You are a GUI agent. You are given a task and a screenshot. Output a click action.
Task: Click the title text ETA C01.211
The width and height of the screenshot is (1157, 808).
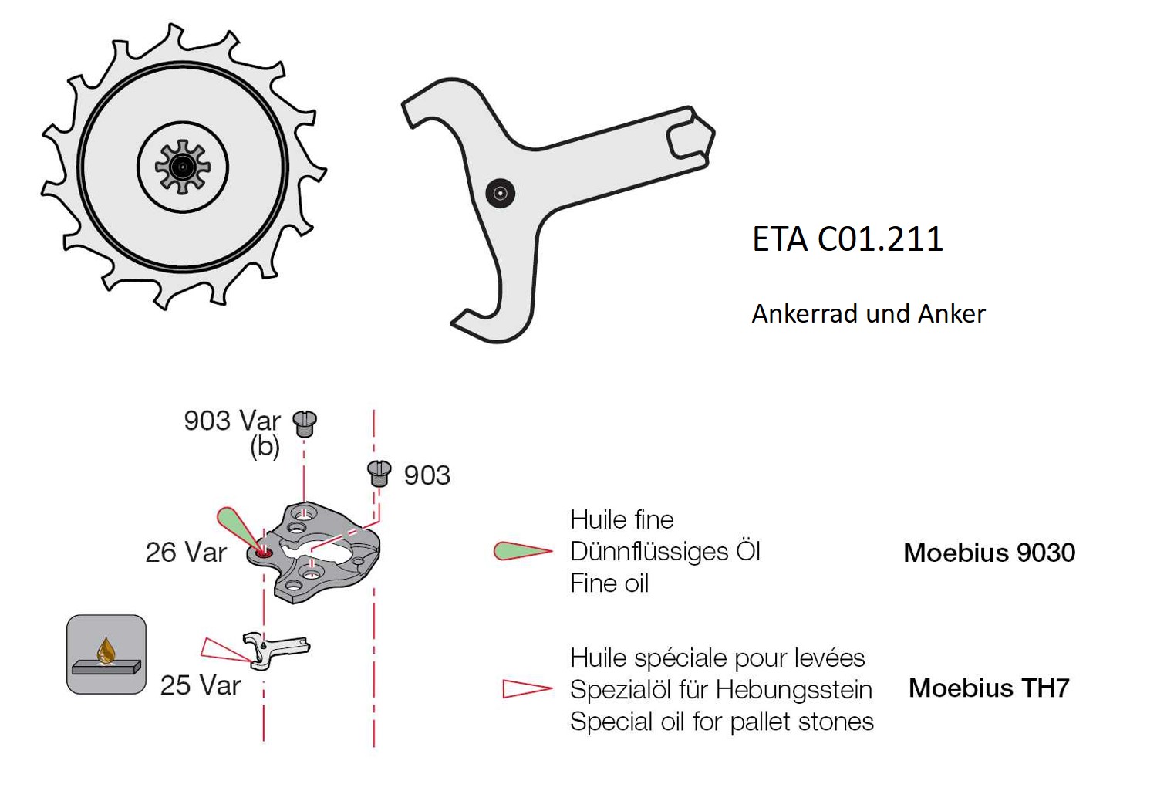coord(847,239)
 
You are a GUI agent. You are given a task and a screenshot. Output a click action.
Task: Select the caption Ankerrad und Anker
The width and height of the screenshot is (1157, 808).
coord(868,313)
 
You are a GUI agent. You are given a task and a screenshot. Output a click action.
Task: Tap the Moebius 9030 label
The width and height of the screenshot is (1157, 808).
coord(989,553)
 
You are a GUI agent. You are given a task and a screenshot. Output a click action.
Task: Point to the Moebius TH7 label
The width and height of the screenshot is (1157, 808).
coord(989,688)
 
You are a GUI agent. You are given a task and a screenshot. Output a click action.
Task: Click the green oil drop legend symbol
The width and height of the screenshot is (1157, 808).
coord(522,551)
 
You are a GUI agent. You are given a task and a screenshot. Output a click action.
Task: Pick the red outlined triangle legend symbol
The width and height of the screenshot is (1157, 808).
coord(527,688)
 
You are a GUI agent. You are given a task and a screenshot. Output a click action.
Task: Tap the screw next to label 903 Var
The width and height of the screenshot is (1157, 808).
coord(305,423)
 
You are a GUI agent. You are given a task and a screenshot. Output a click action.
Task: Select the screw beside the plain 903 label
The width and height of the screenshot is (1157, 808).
coord(379,472)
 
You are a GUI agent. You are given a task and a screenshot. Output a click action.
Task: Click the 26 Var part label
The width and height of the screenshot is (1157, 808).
coord(186,553)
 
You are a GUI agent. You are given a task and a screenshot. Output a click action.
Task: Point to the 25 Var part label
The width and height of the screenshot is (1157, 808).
coord(200,685)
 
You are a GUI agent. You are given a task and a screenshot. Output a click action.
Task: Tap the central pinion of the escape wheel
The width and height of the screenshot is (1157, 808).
coord(182,167)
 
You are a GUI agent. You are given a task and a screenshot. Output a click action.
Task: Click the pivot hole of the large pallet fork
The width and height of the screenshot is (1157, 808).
coord(500,193)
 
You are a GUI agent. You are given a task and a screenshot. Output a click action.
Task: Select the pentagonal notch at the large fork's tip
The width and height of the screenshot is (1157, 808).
coord(689,137)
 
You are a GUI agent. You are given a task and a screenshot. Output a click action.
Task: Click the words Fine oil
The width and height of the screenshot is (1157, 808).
coord(609,583)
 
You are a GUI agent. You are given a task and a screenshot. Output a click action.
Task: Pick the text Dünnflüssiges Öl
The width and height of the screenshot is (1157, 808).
coord(665,552)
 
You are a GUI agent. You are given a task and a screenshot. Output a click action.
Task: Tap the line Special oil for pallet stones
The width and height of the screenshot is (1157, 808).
coord(721,722)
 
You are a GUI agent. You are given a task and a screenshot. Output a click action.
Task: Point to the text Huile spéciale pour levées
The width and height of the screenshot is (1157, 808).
coord(717,658)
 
